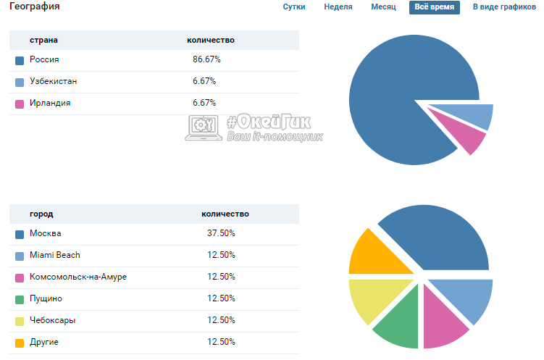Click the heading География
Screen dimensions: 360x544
35,7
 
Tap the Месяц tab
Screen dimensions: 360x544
383,7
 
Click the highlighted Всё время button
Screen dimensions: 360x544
435,7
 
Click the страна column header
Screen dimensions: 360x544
43,41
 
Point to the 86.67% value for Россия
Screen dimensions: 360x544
206,60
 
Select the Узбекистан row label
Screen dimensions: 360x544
54,82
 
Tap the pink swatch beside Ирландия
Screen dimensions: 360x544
20,104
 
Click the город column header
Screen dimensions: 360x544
41,214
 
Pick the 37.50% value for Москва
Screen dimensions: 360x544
221,234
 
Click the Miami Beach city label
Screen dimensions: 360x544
55,256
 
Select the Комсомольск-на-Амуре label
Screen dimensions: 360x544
78,277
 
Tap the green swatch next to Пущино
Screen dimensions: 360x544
20,299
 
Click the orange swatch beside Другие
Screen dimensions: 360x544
20,343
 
